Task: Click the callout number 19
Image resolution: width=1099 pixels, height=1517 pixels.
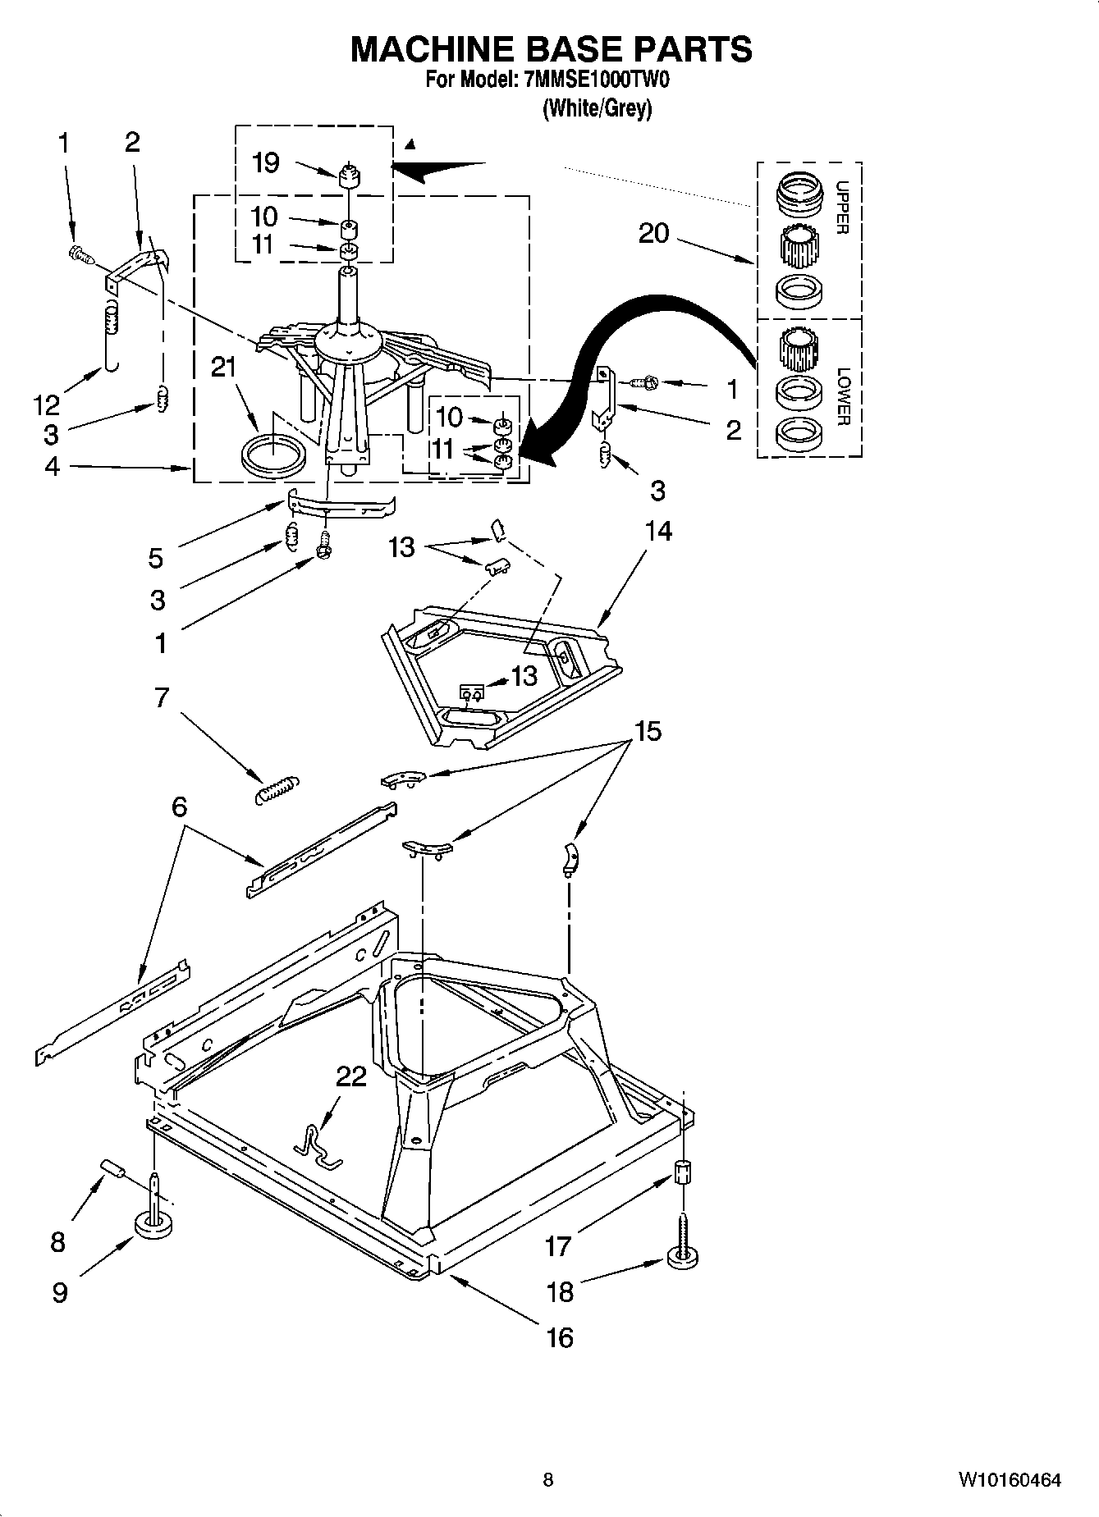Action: (x=265, y=162)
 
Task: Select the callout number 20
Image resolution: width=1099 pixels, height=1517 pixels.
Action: (x=653, y=234)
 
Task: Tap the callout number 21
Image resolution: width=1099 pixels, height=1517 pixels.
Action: (x=223, y=368)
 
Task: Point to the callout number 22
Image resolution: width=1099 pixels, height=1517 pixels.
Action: (x=350, y=1076)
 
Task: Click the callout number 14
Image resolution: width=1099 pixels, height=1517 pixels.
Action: (x=658, y=532)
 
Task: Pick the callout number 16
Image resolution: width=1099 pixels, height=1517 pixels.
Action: (x=560, y=1338)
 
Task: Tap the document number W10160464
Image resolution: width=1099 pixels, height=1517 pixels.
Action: (x=1009, y=1480)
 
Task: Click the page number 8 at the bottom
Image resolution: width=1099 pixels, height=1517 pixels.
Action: (x=548, y=1480)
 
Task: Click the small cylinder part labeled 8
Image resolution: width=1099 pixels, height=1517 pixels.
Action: (x=111, y=1167)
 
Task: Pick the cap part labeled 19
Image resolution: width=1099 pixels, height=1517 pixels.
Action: (x=350, y=175)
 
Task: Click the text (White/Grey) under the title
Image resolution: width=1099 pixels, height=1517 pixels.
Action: (x=597, y=109)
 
